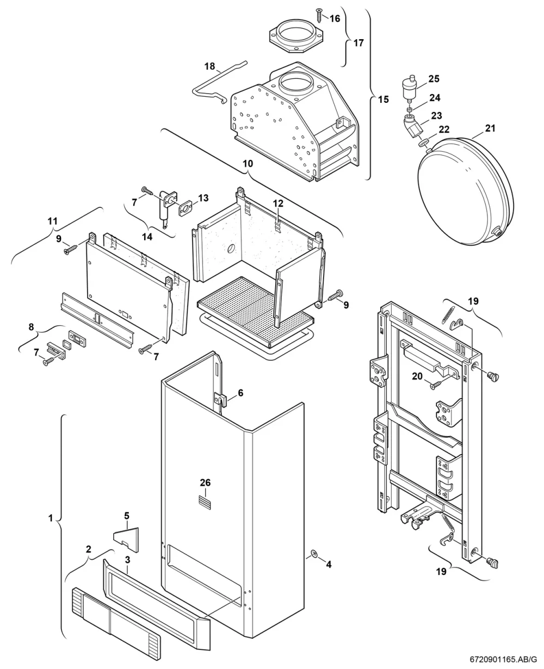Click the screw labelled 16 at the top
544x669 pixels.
click(319, 15)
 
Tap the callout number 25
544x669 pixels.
click(434, 78)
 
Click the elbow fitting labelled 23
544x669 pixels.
click(412, 126)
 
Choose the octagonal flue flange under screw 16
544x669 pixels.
click(296, 35)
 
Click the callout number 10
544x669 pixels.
click(248, 164)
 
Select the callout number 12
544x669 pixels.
click(278, 203)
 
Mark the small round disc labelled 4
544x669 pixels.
click(314, 553)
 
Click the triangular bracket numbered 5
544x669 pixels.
click(127, 540)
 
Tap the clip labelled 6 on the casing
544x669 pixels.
click(221, 400)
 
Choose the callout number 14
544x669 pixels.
click(147, 237)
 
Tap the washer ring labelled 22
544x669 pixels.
click(423, 143)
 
